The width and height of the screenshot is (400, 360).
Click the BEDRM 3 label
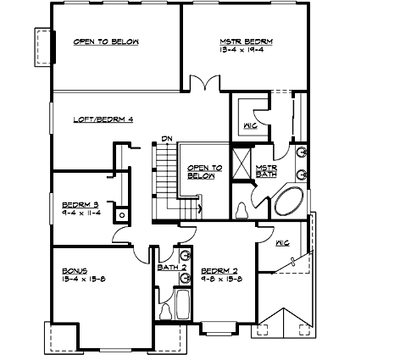click(x=81, y=204)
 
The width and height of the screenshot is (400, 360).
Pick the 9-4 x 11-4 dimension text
click(x=81, y=213)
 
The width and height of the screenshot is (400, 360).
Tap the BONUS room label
click(x=75, y=267)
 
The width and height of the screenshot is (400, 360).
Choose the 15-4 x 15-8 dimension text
click(x=81, y=276)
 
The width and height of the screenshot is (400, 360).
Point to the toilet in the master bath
click(x=242, y=208)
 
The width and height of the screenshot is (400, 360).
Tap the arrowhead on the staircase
click(x=199, y=206)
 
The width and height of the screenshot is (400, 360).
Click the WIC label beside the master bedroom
click(x=250, y=126)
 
